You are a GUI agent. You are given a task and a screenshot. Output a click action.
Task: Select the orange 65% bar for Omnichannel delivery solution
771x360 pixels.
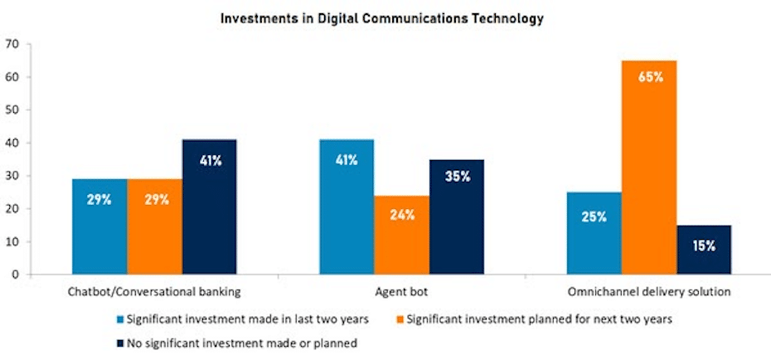click(649, 166)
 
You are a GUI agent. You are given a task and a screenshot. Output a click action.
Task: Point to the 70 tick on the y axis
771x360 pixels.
click(12, 44)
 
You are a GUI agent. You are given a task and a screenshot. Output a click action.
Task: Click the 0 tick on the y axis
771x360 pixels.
click(15, 275)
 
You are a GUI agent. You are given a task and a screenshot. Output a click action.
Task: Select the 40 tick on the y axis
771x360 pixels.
click(12, 143)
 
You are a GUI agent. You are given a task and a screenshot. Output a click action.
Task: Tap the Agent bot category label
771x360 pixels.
click(401, 292)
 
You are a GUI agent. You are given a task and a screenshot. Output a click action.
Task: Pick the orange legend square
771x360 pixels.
click(404, 319)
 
